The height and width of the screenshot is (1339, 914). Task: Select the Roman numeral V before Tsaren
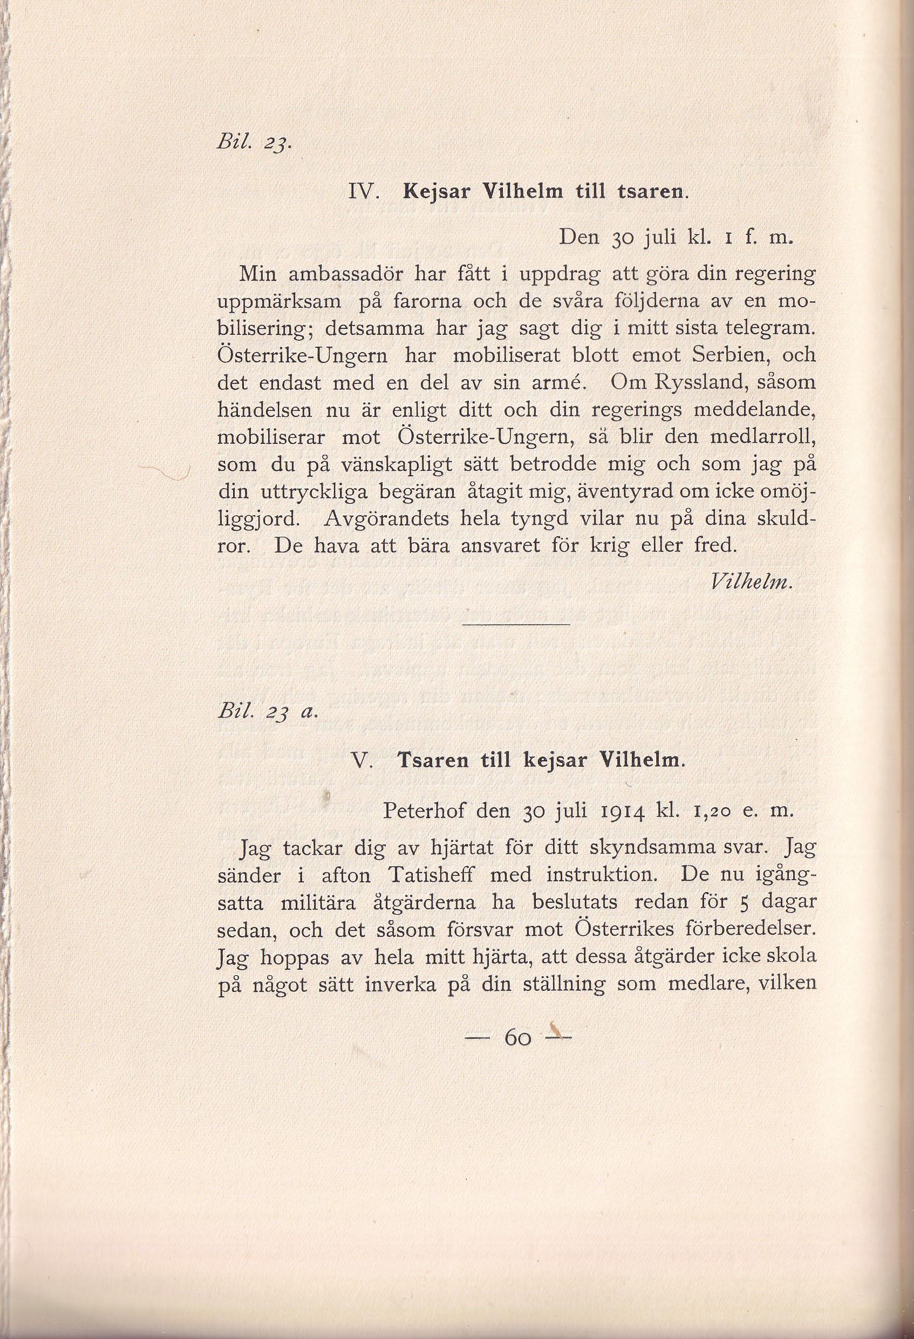[363, 761]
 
